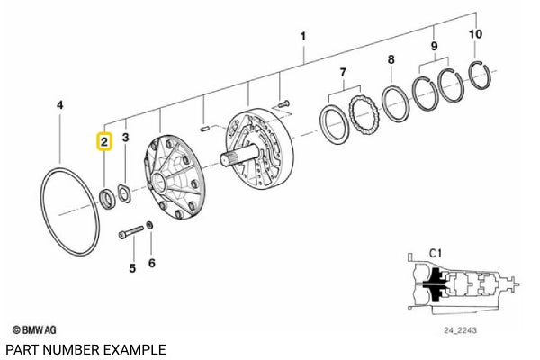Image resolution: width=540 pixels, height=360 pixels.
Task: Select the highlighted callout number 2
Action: [x=104, y=140]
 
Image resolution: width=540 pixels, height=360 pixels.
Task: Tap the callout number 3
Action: [x=126, y=138]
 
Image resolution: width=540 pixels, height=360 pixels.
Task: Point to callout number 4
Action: [x=59, y=105]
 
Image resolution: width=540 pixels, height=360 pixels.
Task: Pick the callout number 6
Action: [x=151, y=263]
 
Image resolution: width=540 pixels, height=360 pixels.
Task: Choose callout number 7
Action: [x=342, y=72]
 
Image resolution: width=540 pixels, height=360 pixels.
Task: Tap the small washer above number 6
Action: [x=149, y=225]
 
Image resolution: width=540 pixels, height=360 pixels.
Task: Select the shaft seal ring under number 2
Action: [x=105, y=196]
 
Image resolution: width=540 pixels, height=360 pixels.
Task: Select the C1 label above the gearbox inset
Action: [x=436, y=254]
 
